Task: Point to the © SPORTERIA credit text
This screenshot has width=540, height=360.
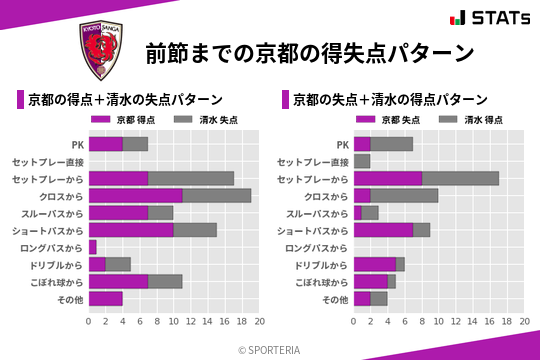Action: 270,349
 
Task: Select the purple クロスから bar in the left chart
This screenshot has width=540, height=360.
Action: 135,195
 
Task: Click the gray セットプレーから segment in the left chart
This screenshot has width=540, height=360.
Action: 191,178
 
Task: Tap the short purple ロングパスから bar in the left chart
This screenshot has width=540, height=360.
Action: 93,247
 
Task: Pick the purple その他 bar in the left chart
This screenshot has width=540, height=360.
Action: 106,298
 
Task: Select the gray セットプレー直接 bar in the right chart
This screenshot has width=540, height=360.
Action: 362,161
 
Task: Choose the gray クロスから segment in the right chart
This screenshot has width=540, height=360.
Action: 405,195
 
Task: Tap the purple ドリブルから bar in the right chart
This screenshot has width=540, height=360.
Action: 375,264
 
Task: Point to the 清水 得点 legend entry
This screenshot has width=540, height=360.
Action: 469,119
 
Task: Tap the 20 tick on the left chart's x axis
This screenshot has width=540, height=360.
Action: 259,322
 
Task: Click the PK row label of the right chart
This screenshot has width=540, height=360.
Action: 343,144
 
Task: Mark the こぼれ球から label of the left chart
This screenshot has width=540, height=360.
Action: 57,281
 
